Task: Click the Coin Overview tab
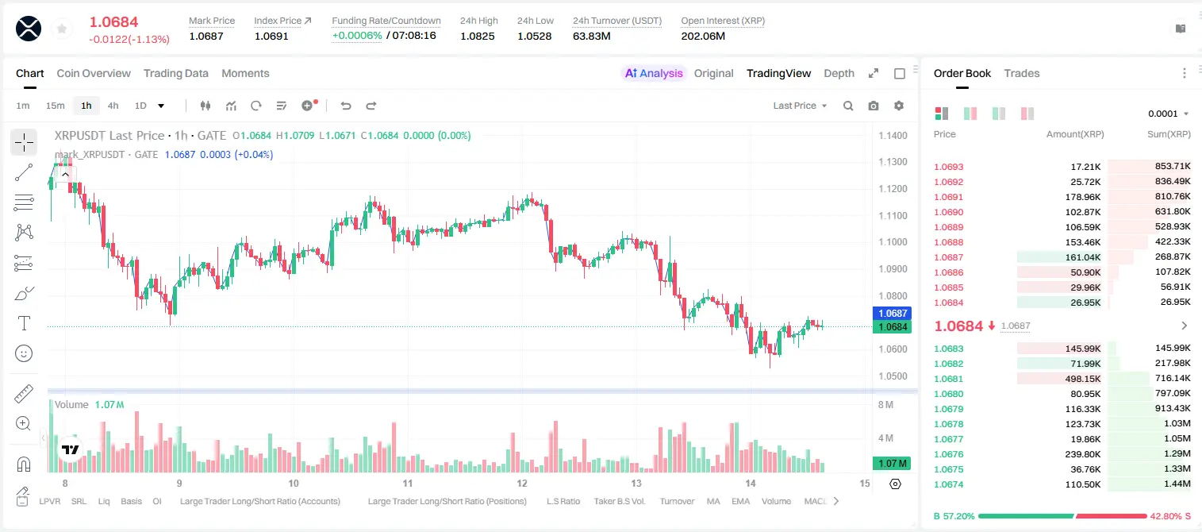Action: pos(94,73)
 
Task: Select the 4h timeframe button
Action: pos(113,106)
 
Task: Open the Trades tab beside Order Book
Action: pos(1022,73)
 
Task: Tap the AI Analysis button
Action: pos(654,73)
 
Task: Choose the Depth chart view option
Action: pos(839,73)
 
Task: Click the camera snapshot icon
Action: pos(874,106)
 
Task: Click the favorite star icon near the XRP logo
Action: pos(62,29)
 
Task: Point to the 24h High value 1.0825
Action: pos(477,36)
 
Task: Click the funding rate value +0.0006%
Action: pos(357,36)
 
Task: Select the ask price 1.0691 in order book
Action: pos(948,197)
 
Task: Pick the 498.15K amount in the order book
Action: pos(1082,379)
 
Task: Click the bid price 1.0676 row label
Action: pos(948,454)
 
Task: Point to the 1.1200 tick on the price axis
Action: pos(893,188)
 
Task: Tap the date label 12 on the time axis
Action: pos(521,483)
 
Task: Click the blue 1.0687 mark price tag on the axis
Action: pos(892,313)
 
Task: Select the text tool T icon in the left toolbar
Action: pos(24,323)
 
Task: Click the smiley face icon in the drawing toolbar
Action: pos(24,353)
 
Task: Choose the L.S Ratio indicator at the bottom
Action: pos(563,501)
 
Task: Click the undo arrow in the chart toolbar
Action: pos(346,106)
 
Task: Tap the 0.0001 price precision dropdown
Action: pos(1168,114)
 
